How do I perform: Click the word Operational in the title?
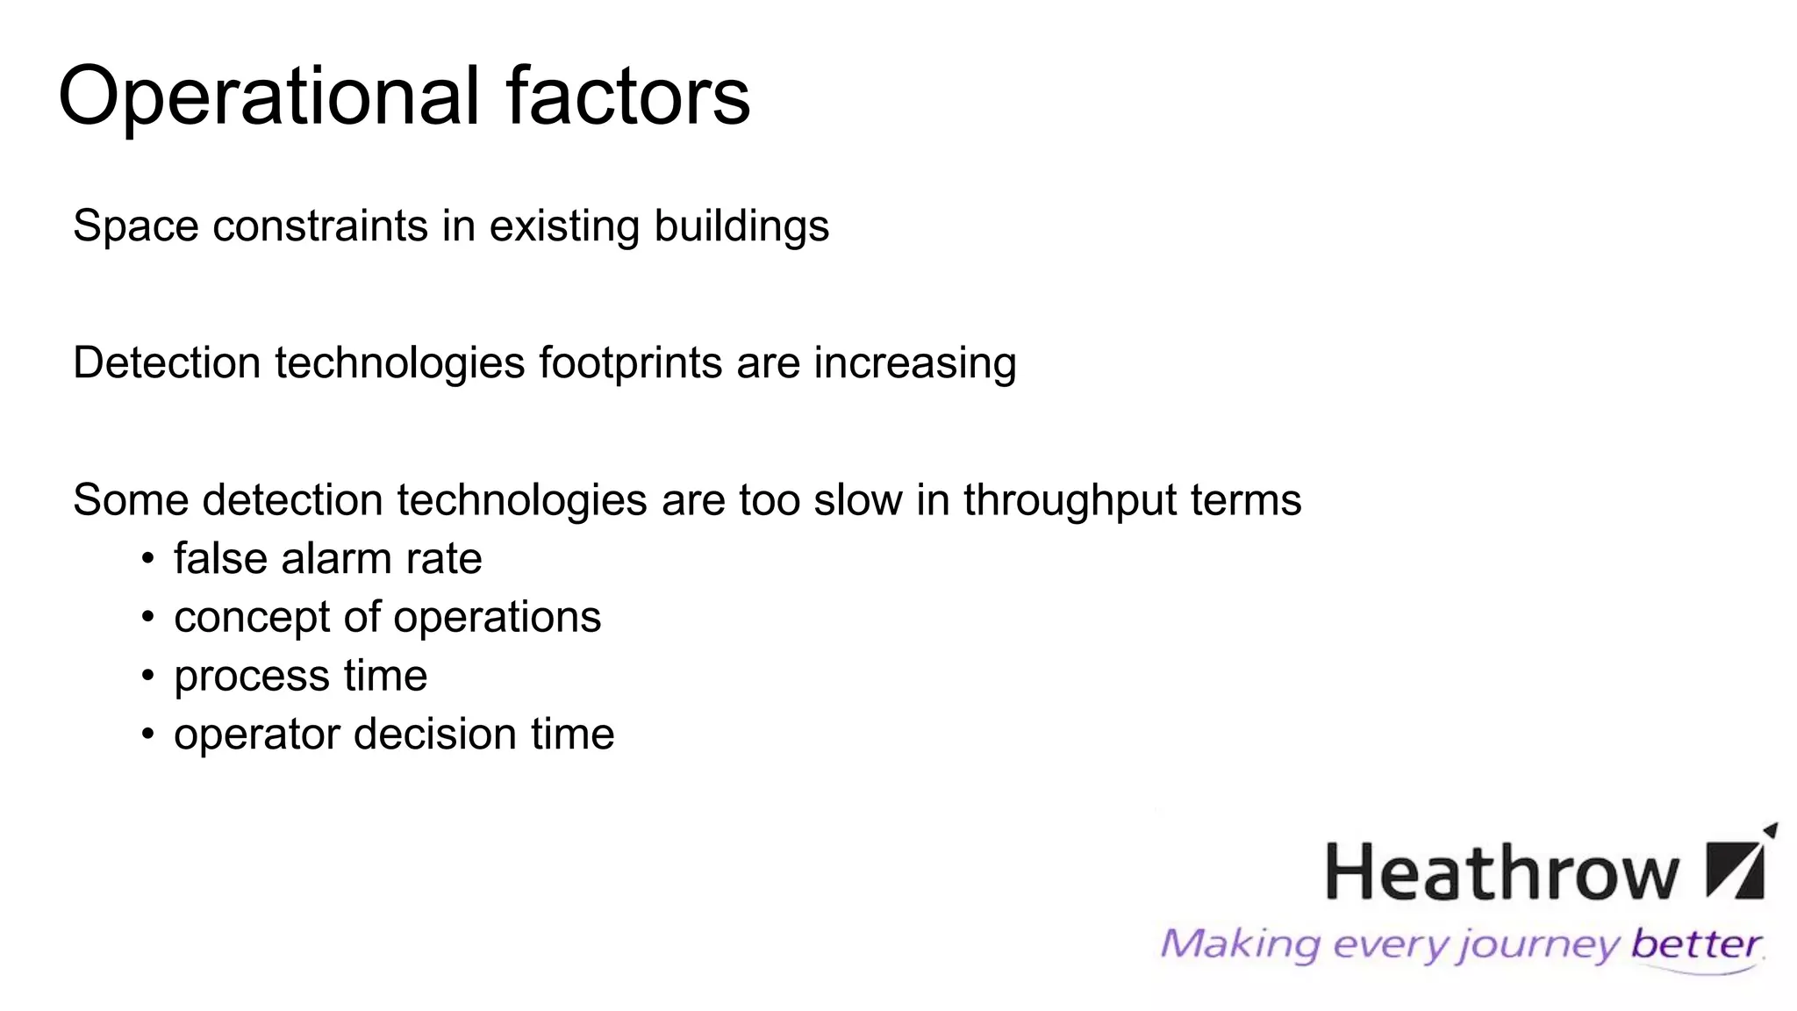[x=268, y=97]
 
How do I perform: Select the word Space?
[x=135, y=226]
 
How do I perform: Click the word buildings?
[x=741, y=226]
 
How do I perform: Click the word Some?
[x=131, y=500]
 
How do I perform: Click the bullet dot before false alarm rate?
[x=147, y=559]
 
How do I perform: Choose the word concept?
[x=251, y=618]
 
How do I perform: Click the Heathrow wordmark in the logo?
[x=1501, y=872]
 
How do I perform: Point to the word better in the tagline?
[x=1695, y=944]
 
